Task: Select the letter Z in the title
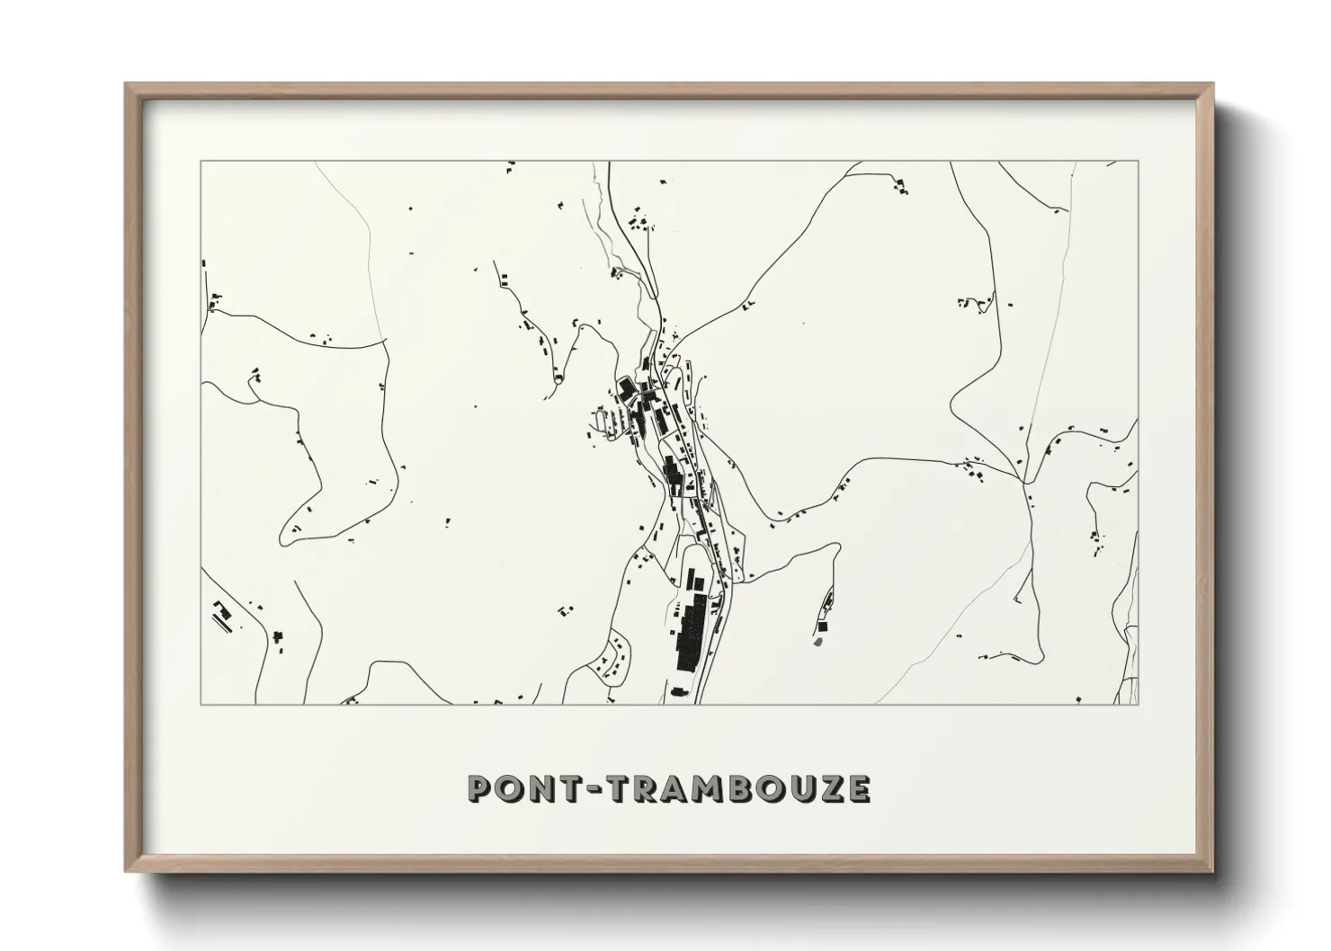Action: [x=830, y=788]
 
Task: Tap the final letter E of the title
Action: [x=858, y=788]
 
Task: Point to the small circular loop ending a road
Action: [x=559, y=378]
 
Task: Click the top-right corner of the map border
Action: [x=1139, y=162]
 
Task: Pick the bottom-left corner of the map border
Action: [x=201, y=704]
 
